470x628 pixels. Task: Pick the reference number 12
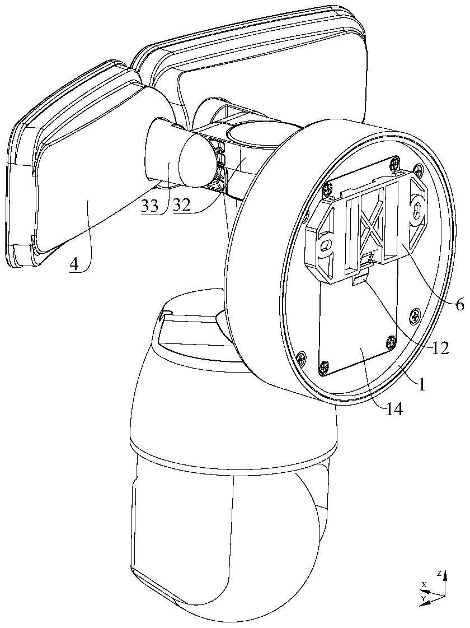click(x=441, y=348)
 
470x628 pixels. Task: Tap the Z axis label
click(x=440, y=573)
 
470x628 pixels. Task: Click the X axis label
click(x=424, y=584)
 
